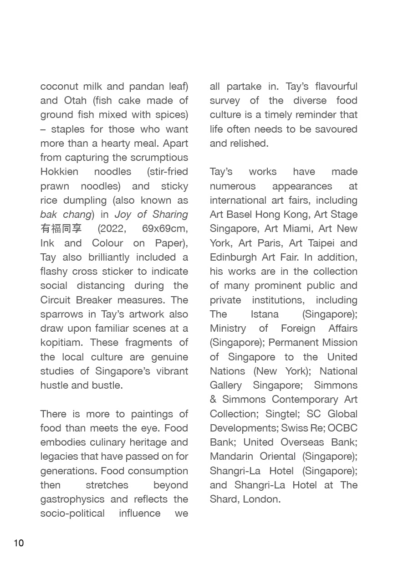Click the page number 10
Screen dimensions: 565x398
coord(19,543)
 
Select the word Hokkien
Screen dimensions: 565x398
coord(59,172)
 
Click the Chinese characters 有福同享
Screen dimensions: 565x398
coord(61,229)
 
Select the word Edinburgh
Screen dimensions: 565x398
coord(233,257)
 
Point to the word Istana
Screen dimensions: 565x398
coord(264,314)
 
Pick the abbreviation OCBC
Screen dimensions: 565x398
coord(342,428)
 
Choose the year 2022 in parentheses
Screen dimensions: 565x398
coord(111,229)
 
